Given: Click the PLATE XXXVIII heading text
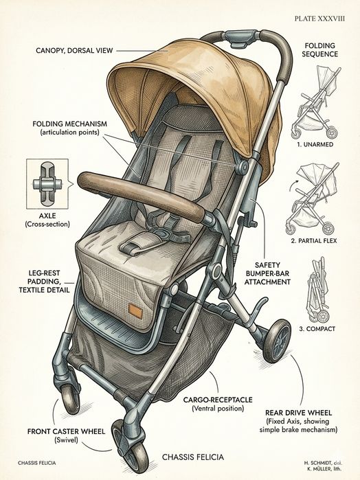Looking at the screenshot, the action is pyautogui.click(x=319, y=19).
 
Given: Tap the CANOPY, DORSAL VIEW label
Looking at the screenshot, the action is pyautogui.click(x=74, y=51).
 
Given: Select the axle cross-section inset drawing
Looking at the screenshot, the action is pyautogui.click(x=47, y=184).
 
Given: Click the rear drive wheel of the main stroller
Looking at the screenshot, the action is pyautogui.click(x=277, y=340).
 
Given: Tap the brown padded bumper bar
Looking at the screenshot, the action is pyautogui.click(x=141, y=196).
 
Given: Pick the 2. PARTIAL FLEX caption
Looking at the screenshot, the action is pyautogui.click(x=313, y=241).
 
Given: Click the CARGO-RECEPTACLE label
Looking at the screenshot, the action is pyautogui.click(x=218, y=400).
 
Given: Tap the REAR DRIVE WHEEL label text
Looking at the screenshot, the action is pyautogui.click(x=298, y=413).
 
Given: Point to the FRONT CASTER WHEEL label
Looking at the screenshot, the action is pyautogui.click(x=66, y=431).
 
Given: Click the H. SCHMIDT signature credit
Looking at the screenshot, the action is pyautogui.click(x=323, y=462).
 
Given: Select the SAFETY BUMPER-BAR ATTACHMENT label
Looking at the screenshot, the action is pyautogui.click(x=267, y=273).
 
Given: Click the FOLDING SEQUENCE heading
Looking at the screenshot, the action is pyautogui.click(x=320, y=50).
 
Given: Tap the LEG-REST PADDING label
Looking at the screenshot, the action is pyautogui.click(x=45, y=281).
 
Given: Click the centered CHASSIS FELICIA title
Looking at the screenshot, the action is pyautogui.click(x=193, y=457).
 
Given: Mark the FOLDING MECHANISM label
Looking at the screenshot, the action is pyautogui.click(x=70, y=128).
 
